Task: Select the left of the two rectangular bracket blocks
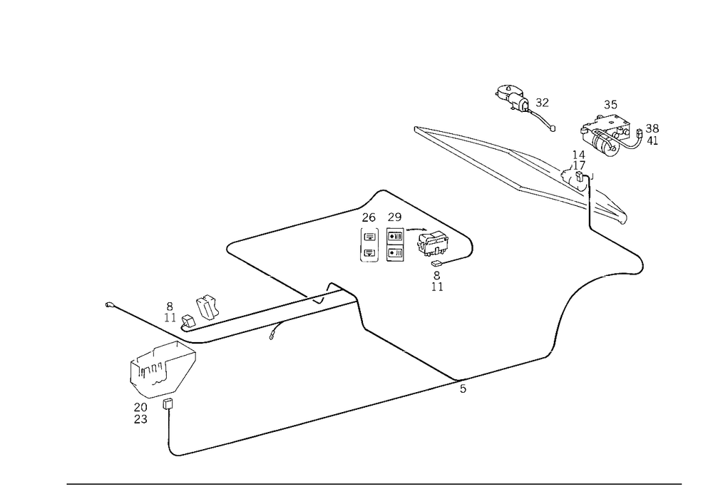(x=370, y=247)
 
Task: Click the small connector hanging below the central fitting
(x=437, y=283)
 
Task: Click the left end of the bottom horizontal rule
(x=66, y=483)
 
